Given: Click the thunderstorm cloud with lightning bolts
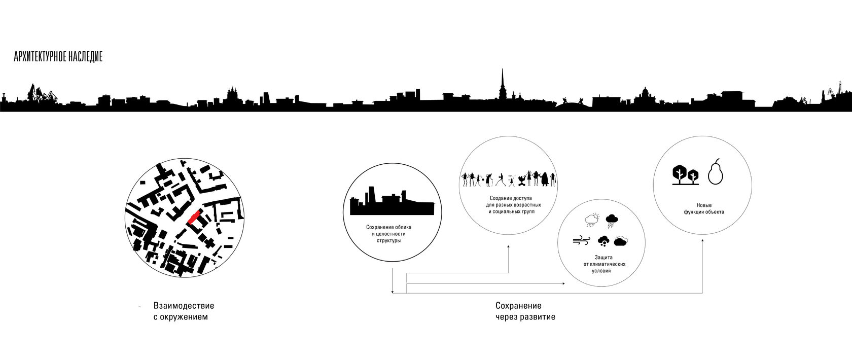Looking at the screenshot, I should point(612,221).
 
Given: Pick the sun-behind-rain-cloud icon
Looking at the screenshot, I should point(592,220).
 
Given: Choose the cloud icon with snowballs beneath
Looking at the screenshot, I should point(604,241).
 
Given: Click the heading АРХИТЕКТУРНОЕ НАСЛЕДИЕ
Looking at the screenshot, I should point(58,57).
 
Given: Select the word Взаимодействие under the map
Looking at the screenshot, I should point(183,306).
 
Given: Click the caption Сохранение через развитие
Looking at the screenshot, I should point(525,312).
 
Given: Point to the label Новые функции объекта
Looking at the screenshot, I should point(703,208).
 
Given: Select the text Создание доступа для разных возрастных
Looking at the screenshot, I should point(511,204).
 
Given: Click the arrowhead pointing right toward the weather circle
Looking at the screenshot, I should point(563,283).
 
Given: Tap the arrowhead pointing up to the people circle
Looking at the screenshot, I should point(509,247).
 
